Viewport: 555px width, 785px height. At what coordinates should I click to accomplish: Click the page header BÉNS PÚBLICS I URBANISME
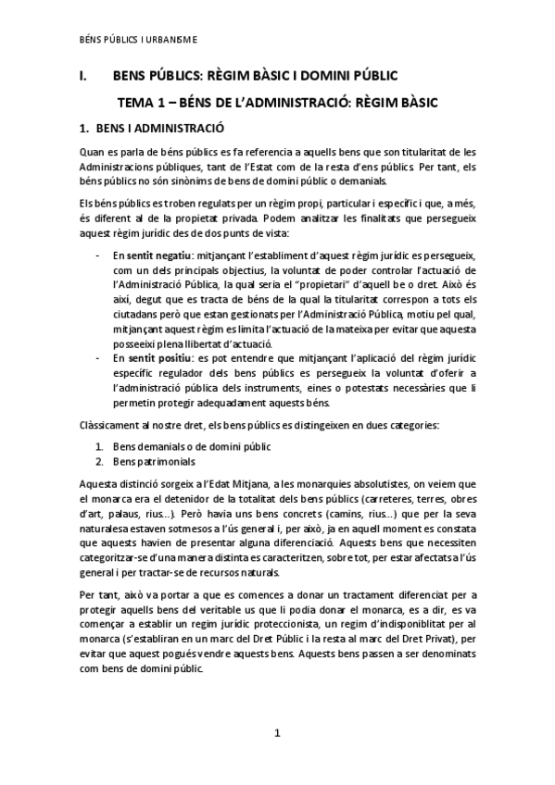139,39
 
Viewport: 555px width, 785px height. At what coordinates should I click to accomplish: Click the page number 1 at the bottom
276,735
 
